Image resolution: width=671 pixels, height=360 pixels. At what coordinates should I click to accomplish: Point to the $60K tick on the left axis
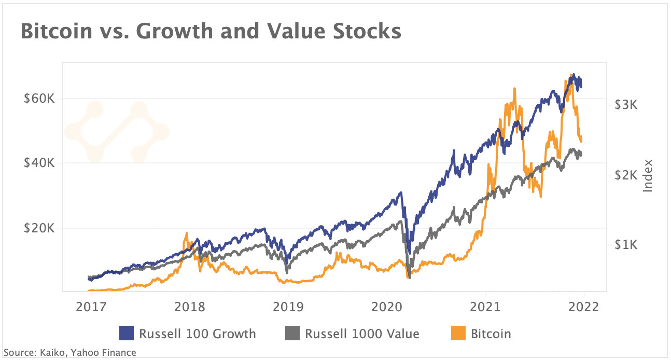click(x=39, y=99)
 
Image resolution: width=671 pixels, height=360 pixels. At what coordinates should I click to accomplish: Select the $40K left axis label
click(x=39, y=163)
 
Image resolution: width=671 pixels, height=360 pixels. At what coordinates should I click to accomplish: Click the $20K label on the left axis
click(x=39, y=228)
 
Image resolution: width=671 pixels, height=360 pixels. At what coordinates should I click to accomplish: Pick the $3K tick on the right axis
click(x=625, y=104)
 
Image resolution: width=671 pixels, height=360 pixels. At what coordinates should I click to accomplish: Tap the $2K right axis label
click(x=625, y=175)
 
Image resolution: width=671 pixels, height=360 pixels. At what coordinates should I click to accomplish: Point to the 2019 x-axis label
click(x=288, y=306)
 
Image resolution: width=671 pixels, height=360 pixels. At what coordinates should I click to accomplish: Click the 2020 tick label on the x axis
click(x=387, y=306)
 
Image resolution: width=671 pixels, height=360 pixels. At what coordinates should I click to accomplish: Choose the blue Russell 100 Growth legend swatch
click(x=127, y=333)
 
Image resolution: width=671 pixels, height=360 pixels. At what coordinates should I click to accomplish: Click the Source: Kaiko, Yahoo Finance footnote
click(x=69, y=353)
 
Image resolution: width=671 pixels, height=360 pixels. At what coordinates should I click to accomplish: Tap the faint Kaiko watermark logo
click(x=117, y=131)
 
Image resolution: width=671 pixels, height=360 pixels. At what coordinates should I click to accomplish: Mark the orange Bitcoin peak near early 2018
click(x=186, y=234)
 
